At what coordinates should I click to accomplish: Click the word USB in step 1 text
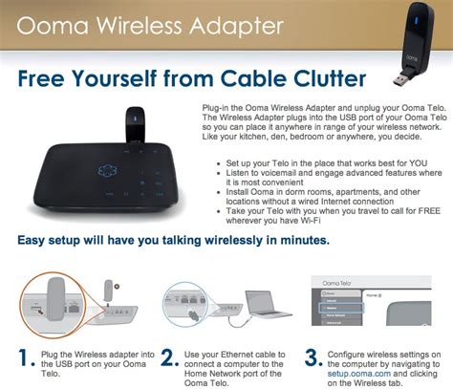63,365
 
